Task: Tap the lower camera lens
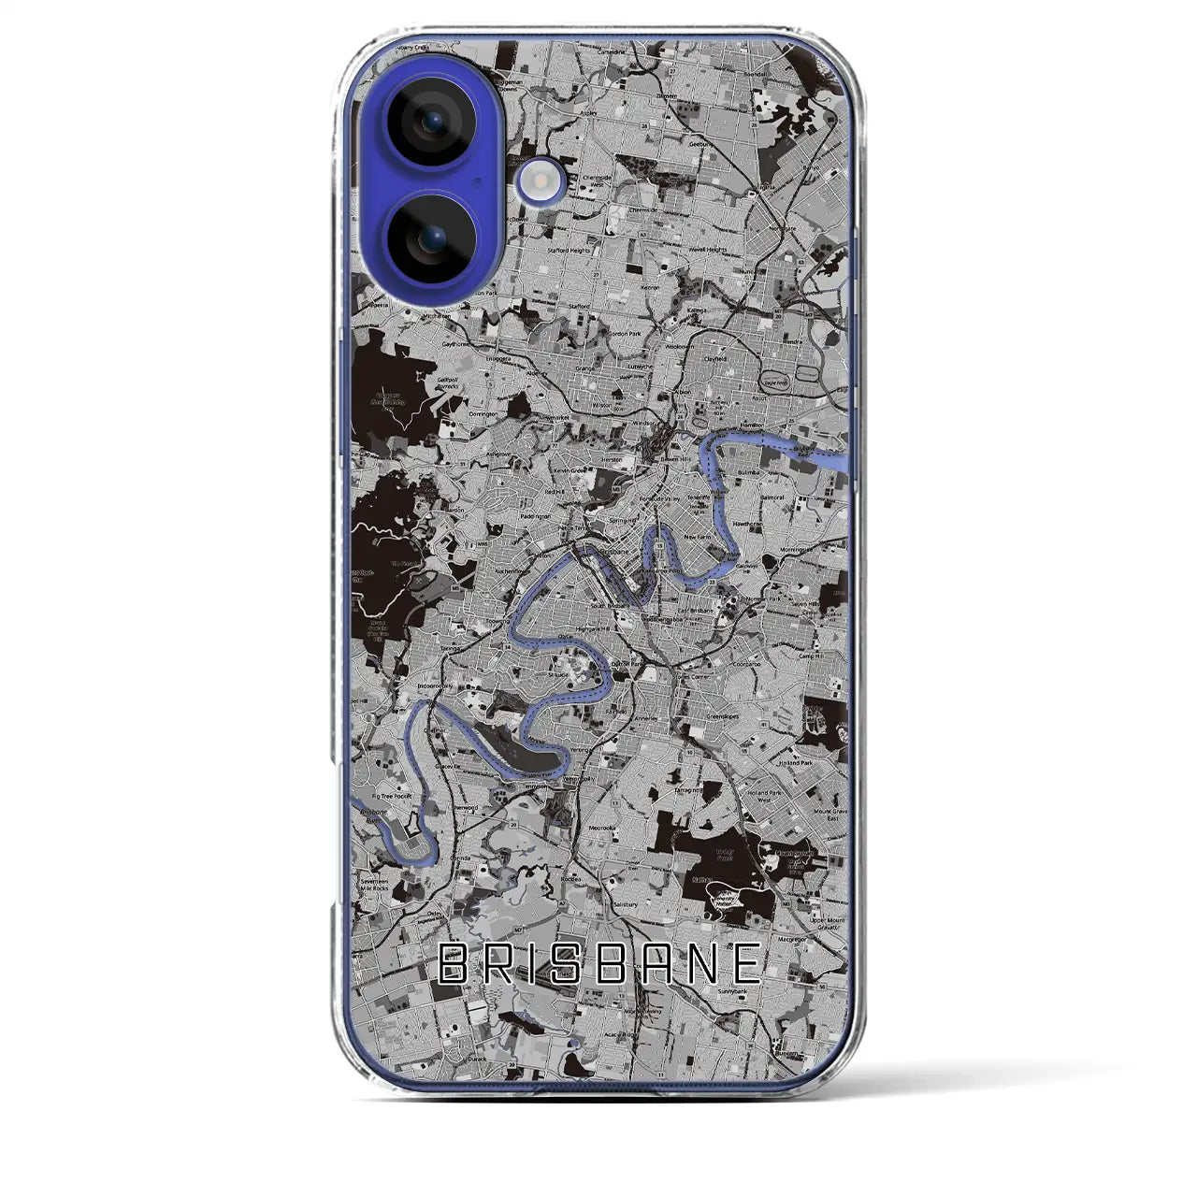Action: tap(432, 239)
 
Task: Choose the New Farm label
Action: tap(697, 539)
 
